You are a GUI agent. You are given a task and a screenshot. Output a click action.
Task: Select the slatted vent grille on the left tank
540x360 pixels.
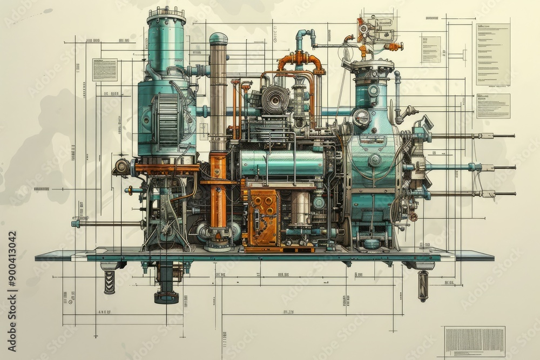[167, 119]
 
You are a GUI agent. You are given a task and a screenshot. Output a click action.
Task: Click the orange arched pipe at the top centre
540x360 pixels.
[301, 59]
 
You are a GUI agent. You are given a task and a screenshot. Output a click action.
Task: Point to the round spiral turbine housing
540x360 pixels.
[275, 100]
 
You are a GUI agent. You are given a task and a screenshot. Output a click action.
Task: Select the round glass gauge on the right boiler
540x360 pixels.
[361, 117]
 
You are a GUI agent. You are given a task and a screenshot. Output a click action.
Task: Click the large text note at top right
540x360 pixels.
[492, 54]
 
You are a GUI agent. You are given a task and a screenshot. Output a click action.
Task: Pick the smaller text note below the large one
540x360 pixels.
[492, 106]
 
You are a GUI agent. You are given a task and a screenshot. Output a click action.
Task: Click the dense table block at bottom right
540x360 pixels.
[474, 341]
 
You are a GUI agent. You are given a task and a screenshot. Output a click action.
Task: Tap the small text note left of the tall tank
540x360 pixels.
[104, 70]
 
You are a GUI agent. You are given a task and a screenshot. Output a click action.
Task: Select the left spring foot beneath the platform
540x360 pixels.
[110, 282]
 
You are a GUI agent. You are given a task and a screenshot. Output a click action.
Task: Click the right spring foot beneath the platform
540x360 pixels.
[423, 285]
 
